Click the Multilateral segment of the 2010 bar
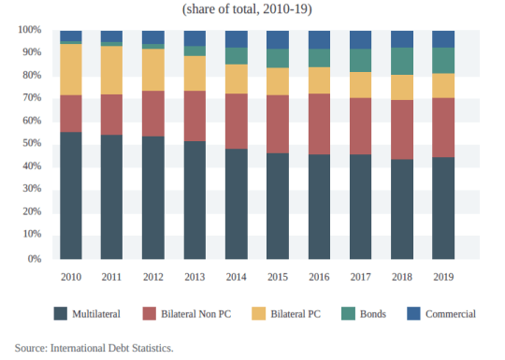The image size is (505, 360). pos(71,195)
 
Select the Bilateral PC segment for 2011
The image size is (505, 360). pos(111,70)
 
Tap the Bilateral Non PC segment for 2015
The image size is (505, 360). pos(278,124)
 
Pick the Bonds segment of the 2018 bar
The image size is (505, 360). pos(402,61)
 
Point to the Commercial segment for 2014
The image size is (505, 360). pos(237,39)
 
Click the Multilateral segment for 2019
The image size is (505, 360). pos(443,208)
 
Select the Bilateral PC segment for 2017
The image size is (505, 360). pos(360,85)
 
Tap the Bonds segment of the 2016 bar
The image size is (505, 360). pos(319,58)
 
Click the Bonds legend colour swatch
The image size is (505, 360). pos(348,313)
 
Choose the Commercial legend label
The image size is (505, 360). pos(450,314)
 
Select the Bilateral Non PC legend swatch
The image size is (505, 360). pos(150,313)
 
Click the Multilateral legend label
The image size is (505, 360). pos(96,314)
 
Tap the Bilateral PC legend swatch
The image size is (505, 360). pos(259,313)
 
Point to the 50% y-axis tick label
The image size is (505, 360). pos(32,143)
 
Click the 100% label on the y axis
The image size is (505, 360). pos(30,30)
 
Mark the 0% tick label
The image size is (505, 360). pos(35,259)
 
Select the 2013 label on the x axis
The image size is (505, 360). pos(195,277)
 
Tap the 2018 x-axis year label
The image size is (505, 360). pos(402,277)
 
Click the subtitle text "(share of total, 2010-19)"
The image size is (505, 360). pos(247,9)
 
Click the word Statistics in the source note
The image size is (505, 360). pos(152,348)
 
